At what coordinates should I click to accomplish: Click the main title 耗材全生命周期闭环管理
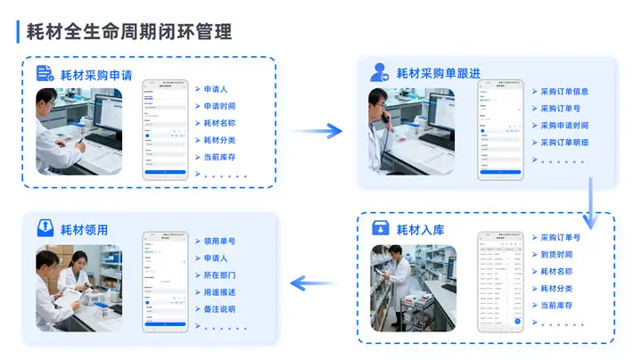[129, 32]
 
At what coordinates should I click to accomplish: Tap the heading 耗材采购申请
[96, 75]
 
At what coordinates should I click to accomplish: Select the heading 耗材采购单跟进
[438, 73]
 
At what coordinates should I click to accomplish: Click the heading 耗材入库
[421, 230]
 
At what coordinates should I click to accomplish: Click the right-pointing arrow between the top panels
[317, 131]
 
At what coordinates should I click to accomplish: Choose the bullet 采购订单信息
[564, 91]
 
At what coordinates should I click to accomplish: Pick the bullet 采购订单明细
[564, 142]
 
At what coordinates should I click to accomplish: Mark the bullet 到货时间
[556, 255]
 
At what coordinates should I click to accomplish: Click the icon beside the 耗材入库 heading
[381, 230]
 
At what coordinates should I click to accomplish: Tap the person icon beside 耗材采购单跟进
[380, 73]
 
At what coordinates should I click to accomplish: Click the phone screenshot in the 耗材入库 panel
[500, 282]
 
